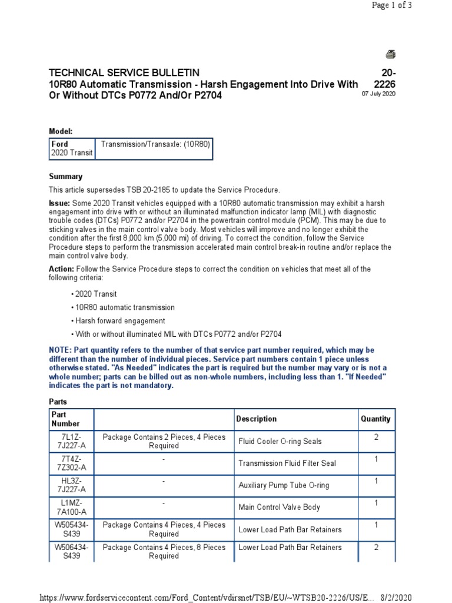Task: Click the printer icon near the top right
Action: click(391, 55)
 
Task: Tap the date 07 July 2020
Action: click(378, 94)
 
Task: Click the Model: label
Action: click(60, 132)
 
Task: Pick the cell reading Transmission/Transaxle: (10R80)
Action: click(155, 144)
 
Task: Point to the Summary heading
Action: click(65, 176)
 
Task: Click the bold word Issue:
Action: click(59, 203)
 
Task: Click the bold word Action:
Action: click(61, 269)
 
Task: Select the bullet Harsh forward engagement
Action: click(119, 321)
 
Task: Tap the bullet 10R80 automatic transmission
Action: click(124, 307)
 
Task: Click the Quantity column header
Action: click(375, 419)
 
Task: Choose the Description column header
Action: click(256, 419)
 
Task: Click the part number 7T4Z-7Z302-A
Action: click(71, 463)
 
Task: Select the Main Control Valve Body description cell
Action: click(279, 507)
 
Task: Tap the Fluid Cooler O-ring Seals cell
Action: click(280, 441)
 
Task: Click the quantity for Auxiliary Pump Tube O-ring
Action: click(375, 481)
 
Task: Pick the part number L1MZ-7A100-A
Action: click(71, 507)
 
